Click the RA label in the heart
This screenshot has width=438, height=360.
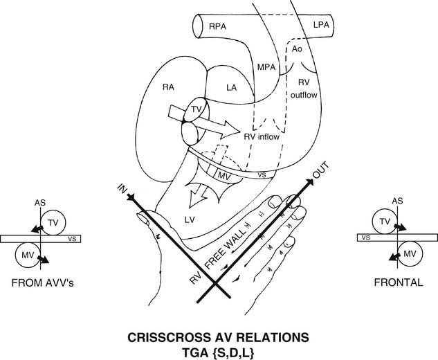168,87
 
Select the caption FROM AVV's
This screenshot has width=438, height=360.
39,284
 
